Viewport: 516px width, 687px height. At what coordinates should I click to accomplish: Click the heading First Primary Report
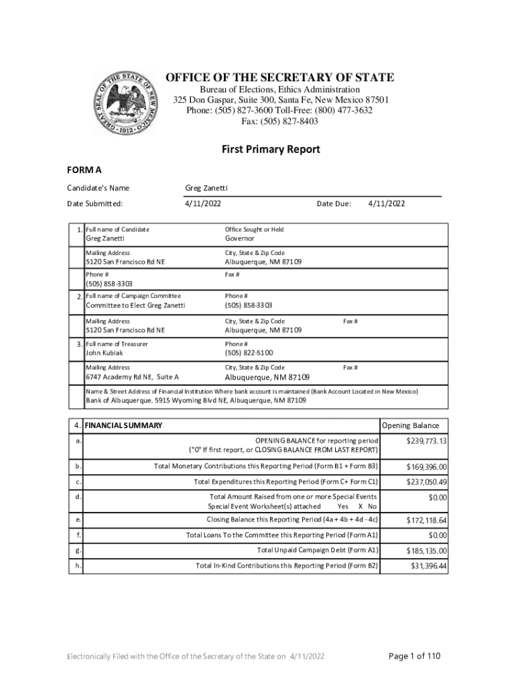coord(271,149)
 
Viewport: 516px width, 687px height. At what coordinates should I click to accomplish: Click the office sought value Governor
coord(240,238)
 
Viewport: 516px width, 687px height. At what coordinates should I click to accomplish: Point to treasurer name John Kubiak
coord(104,353)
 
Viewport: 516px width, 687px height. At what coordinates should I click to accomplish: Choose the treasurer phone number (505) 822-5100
coord(249,353)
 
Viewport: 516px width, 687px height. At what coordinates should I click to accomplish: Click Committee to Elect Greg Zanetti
coord(135,306)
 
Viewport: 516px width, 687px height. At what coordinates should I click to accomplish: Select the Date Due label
coord(334,204)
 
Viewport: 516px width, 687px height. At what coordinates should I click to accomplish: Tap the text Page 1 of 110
coord(415,655)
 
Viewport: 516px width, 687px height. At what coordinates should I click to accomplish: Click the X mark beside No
coord(361,507)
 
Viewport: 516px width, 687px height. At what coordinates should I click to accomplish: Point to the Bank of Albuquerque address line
coord(196,401)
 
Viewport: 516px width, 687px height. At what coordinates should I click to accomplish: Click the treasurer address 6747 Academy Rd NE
coord(132,377)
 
